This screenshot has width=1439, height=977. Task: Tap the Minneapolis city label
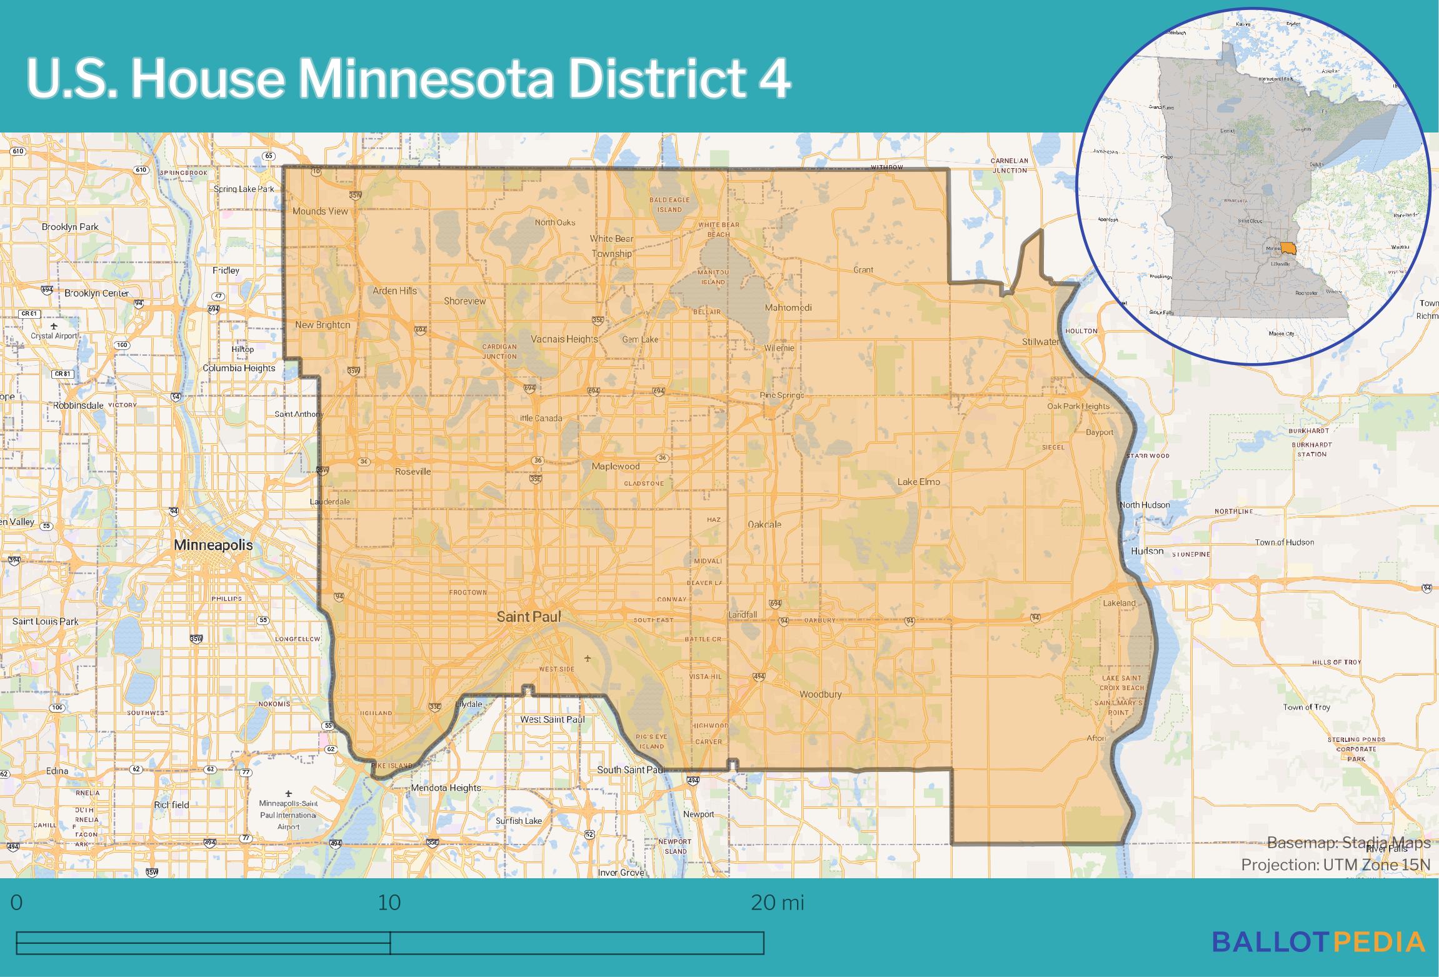point(213,544)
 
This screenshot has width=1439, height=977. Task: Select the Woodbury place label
point(820,694)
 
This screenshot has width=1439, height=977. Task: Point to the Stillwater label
point(1041,342)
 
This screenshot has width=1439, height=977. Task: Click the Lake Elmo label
point(918,482)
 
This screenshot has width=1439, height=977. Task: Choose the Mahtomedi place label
point(788,308)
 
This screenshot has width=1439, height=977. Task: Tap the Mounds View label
point(320,211)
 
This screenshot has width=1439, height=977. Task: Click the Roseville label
point(413,471)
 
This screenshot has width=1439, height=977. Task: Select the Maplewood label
point(616,466)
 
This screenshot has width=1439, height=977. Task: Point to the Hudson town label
point(1147,551)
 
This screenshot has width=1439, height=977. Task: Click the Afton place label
point(1096,738)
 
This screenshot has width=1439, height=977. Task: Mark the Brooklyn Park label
point(70,227)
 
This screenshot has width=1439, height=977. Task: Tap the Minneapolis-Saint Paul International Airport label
point(288,814)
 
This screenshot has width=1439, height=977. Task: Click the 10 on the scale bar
point(389,903)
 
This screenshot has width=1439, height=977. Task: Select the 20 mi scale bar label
point(777,903)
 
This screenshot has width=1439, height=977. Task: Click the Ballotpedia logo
point(1318,941)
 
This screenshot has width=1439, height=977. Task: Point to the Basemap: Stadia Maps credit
point(1348,843)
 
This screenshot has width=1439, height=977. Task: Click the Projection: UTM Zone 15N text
point(1335,864)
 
